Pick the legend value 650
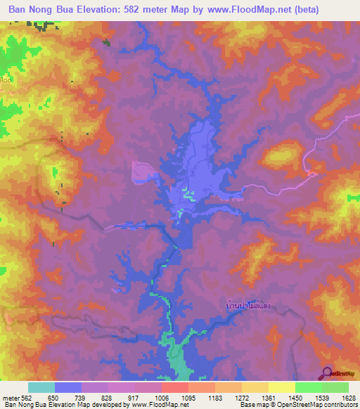point(55,397)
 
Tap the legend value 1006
point(162,397)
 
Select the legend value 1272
point(242,397)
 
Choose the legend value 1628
point(347,397)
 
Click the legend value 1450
point(295,397)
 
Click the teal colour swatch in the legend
point(41,387)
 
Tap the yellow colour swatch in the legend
point(281,387)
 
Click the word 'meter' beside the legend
point(11,397)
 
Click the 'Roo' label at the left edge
point(6,80)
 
